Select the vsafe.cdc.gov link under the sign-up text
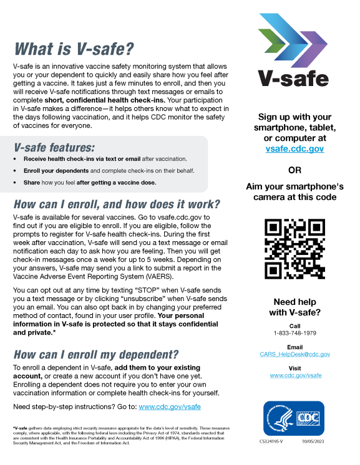[294, 149]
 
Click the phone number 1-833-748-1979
[294, 333]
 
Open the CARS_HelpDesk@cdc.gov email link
[294, 354]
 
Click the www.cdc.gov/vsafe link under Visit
[295, 375]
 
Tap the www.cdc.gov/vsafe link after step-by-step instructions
[170, 406]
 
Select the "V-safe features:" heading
[54, 148]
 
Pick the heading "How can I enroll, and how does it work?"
[117, 204]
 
